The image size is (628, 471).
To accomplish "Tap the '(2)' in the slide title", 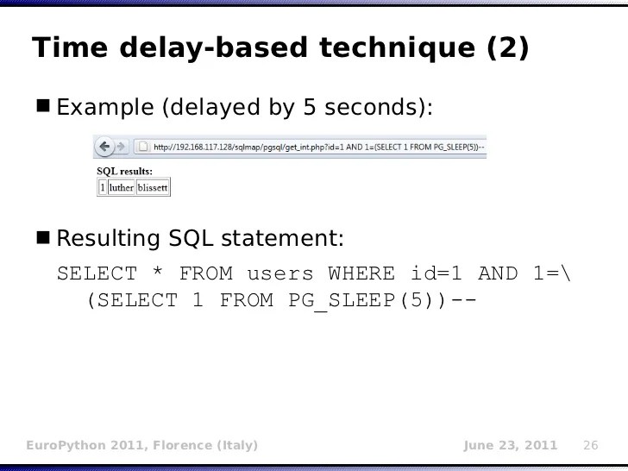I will pos(508,49).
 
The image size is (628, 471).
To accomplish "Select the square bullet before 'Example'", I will pos(44,107).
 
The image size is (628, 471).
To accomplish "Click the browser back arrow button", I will pos(105,146).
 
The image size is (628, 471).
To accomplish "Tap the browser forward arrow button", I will pos(122,146).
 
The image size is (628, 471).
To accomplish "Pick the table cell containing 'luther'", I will pos(122,187).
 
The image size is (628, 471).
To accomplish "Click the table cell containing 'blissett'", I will pos(153,187).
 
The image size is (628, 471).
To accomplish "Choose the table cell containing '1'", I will pos(103,187).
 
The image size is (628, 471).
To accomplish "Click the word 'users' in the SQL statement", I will pos(280,274).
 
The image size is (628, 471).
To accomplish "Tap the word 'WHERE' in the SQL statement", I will pos(361,274).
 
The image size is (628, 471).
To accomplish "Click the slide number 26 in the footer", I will pos(591,445).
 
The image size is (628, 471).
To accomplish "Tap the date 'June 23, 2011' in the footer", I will pos(511,445).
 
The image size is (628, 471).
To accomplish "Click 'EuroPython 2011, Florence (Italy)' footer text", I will pos(141,445).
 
